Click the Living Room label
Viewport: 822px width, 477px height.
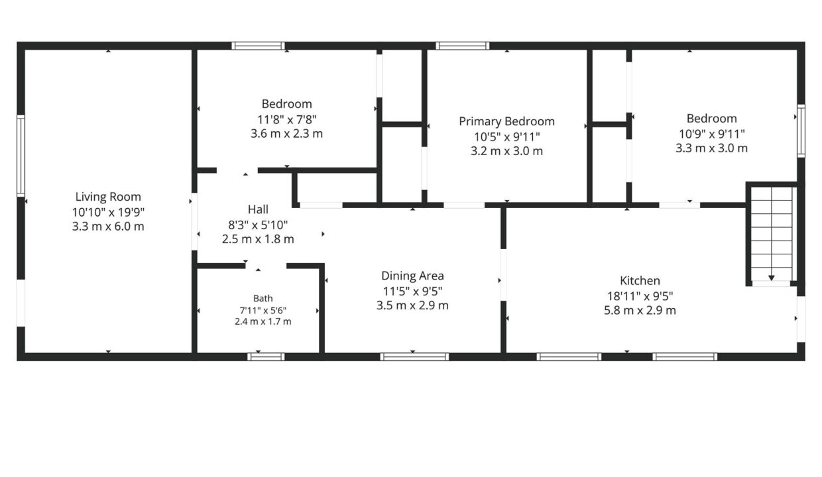point(108,197)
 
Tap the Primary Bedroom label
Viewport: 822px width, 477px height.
point(506,121)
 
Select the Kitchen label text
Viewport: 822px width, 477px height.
point(640,280)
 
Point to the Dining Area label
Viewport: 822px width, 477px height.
point(412,276)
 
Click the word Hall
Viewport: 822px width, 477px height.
point(258,209)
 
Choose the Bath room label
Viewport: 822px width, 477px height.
point(263,298)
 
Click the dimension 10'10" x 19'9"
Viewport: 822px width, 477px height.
point(108,212)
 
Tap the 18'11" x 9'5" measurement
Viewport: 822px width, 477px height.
point(640,295)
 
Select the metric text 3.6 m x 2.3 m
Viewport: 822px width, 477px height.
point(286,133)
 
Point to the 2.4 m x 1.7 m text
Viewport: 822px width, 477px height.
point(263,321)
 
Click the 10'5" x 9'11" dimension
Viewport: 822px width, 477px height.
point(506,136)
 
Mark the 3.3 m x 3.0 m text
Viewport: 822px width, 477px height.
point(711,148)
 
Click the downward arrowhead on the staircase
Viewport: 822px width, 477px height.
point(772,278)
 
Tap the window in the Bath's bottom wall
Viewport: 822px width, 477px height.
point(266,356)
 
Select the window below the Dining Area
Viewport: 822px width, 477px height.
point(414,356)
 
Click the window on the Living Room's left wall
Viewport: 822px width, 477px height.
point(21,156)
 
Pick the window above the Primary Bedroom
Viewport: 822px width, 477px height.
point(463,46)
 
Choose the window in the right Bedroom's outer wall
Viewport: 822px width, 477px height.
point(801,131)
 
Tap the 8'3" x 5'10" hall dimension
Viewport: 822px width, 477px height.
point(258,225)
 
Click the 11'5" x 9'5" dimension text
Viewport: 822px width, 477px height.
point(412,291)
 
